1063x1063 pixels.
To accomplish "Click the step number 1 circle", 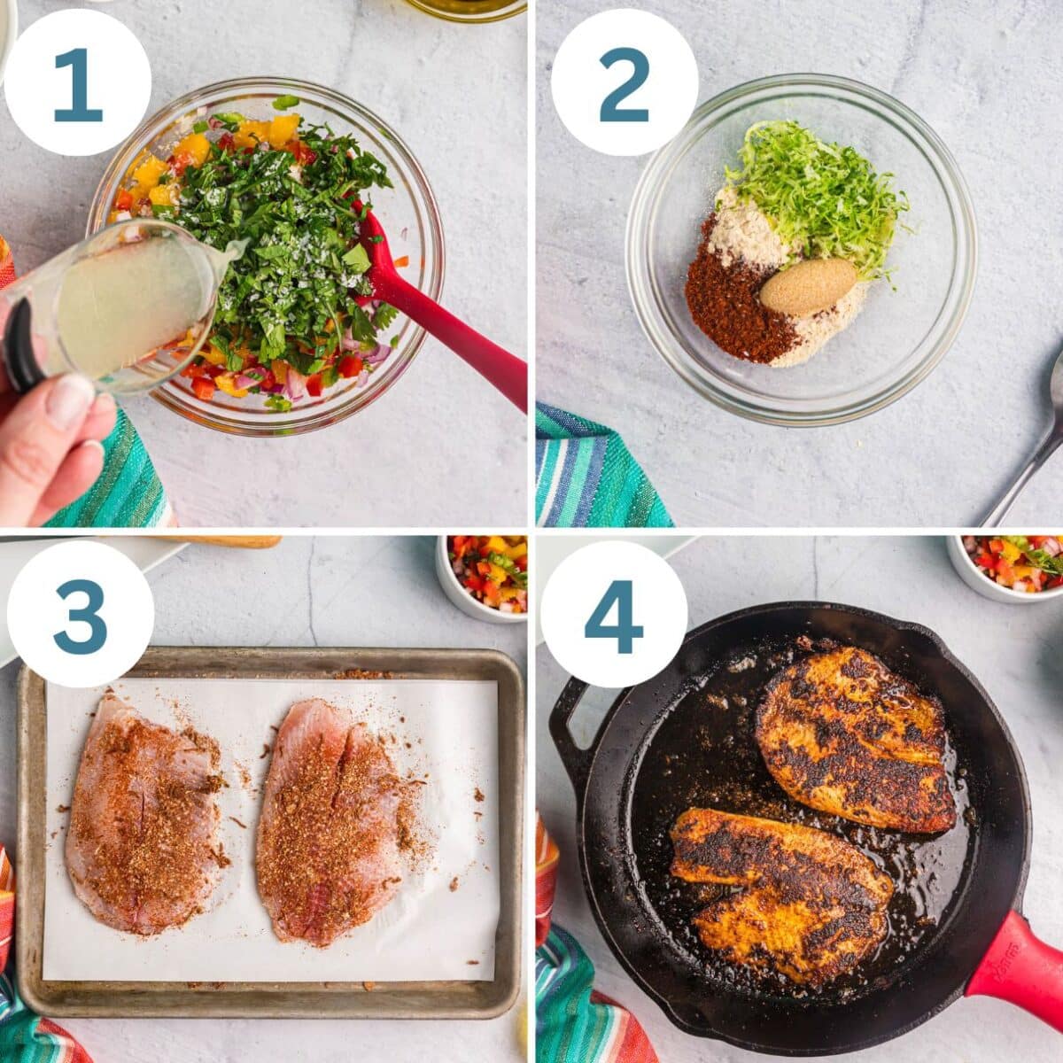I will click(x=78, y=83).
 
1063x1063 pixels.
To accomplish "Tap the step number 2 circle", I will click(x=625, y=83).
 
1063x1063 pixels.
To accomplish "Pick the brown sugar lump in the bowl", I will click(x=807, y=286).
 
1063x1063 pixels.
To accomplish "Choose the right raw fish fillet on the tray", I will click(x=332, y=819).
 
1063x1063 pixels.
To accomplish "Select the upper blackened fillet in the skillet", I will click(x=855, y=740).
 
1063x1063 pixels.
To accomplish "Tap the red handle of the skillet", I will click(x=1019, y=966).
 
